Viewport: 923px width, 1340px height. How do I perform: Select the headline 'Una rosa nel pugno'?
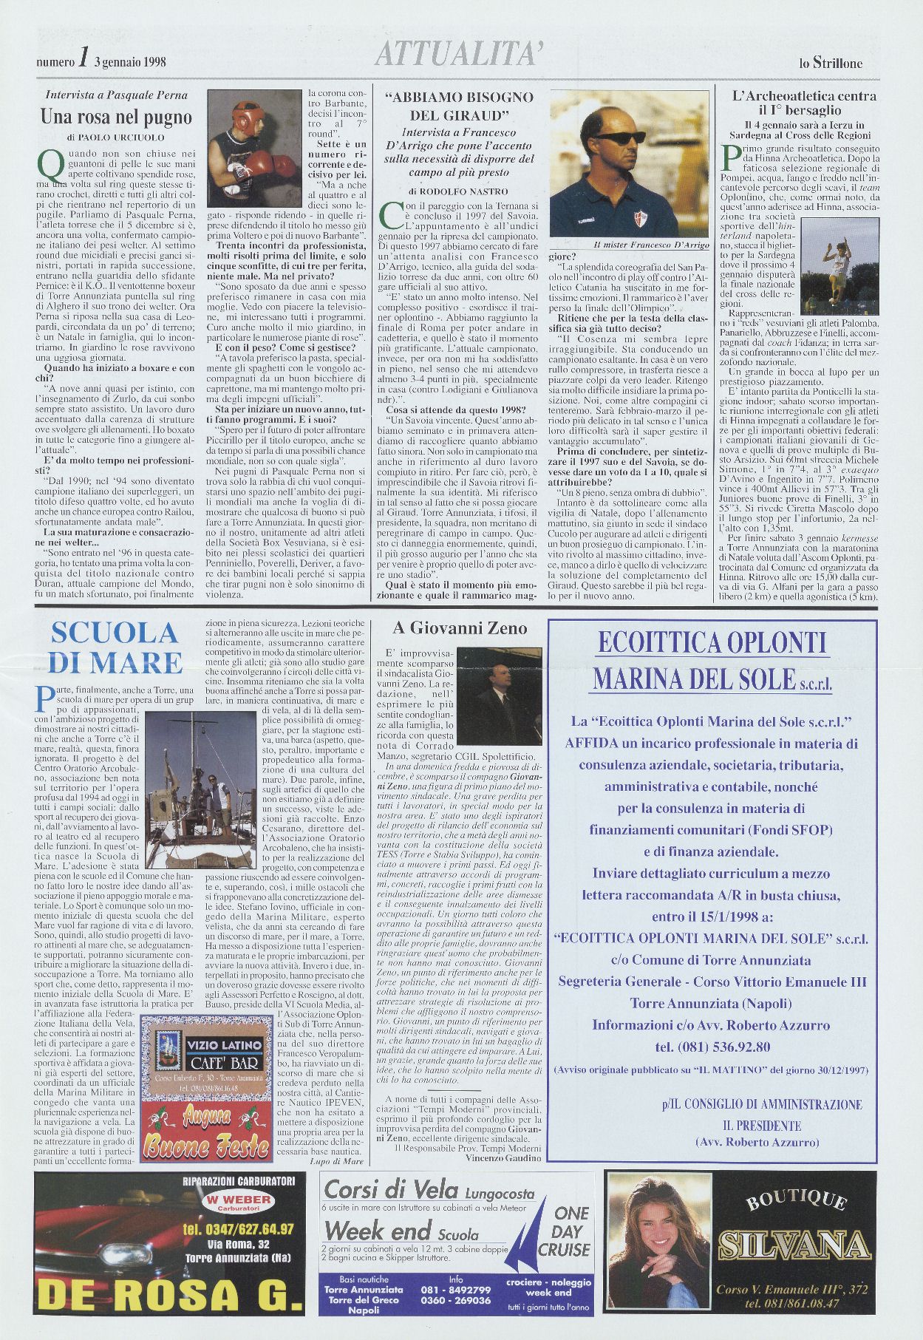(116, 117)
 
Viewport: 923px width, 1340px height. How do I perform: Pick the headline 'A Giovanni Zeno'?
(460, 628)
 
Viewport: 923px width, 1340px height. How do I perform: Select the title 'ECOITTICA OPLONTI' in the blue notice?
(711, 642)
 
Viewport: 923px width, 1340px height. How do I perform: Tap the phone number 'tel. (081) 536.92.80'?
(712, 1047)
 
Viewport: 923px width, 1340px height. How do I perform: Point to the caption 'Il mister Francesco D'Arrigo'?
(640, 245)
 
